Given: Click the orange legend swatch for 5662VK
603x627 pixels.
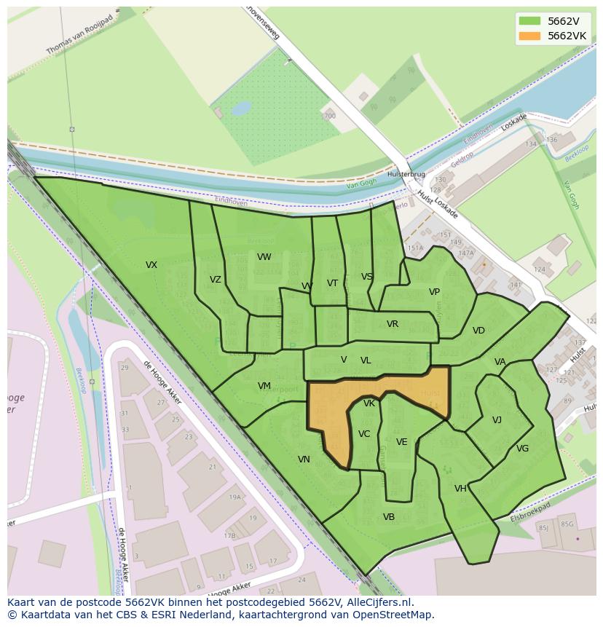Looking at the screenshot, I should [530, 36].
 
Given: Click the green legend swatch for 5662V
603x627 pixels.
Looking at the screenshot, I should [530, 21].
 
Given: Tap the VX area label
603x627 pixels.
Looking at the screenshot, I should [151, 265].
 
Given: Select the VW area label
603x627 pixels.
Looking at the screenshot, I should [264, 257].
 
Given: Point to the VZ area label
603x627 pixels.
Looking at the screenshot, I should [215, 280].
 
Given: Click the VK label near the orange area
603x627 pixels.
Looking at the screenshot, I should [369, 403].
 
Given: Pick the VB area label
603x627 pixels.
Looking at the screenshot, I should [388, 517].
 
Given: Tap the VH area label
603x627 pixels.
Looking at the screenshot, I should [460, 489].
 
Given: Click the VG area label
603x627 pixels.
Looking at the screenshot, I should [522, 449].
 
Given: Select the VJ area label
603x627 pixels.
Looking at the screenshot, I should [497, 420].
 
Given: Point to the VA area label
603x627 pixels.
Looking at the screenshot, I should [500, 362].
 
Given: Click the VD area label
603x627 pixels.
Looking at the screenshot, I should [478, 331].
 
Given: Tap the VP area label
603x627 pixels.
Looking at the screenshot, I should [434, 292].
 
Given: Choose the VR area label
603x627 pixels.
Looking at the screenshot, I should [392, 324].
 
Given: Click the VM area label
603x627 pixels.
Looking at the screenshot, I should [264, 386].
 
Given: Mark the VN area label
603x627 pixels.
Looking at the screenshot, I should [304, 460].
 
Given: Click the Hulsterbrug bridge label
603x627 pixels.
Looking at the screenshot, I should [406, 175].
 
